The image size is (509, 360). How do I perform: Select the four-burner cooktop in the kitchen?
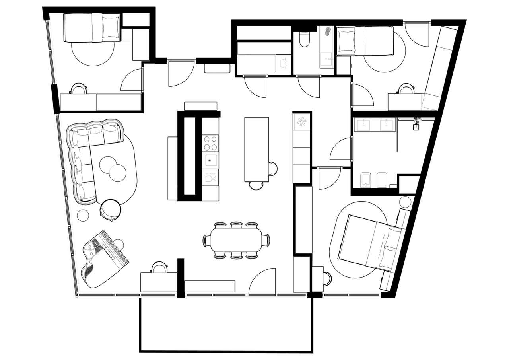pos(210,143)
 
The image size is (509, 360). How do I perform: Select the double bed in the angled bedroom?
pos(370,247)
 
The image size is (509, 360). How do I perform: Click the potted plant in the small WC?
pos(328,32)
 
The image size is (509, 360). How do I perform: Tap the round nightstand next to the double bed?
pos(405,201)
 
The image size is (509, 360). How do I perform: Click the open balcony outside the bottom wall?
pos(226,324)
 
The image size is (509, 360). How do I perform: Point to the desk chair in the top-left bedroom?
pos(78,89)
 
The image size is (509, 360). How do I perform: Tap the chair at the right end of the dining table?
pos(267,240)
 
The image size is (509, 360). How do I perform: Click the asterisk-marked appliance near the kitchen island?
pos(302,122)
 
